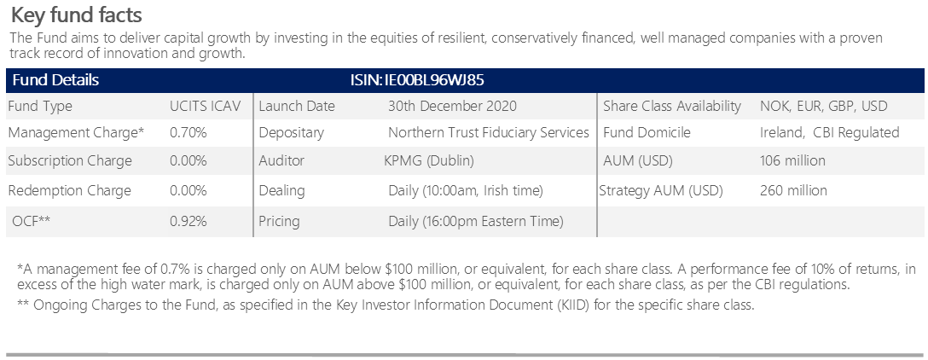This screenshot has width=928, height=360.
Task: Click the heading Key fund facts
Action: coord(77,15)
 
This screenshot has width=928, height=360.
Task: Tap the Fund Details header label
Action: coord(55,80)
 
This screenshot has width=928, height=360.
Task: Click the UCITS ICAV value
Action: coord(206,106)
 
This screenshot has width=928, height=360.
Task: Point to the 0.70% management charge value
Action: coord(188,132)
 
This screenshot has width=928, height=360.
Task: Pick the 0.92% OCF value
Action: coord(188,222)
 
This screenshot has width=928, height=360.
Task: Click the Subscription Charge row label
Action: coord(70,161)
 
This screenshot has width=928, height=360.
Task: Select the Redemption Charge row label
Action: coord(70,190)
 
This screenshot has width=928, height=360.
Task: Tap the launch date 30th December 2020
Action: coord(452,106)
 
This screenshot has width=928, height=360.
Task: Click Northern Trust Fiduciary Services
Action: coord(489,132)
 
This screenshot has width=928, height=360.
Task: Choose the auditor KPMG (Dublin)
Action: coord(429,160)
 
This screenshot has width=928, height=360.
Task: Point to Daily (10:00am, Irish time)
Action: coord(466,190)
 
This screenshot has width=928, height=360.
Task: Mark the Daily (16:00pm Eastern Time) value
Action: coord(476,222)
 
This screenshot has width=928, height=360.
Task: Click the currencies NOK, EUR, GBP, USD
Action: coord(824,107)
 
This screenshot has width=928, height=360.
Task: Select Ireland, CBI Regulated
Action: coord(830,132)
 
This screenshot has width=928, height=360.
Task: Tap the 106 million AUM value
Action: coord(792,160)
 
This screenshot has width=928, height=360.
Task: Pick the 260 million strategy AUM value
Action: coord(793,190)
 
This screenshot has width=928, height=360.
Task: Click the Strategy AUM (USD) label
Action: coord(661,190)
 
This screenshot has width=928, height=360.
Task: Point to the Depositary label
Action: coord(291,132)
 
